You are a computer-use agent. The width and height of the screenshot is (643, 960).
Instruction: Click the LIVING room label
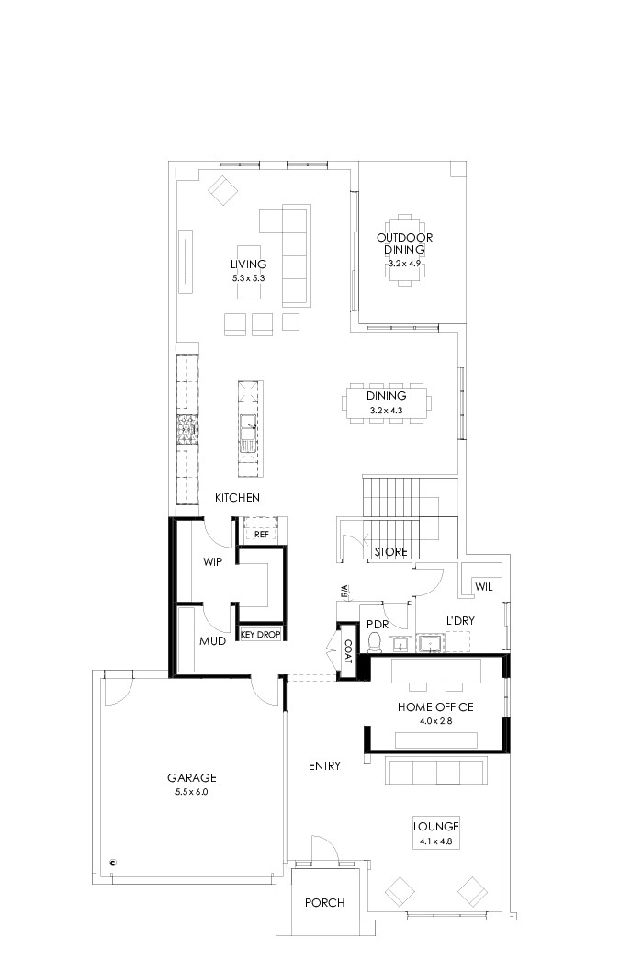pos(248,265)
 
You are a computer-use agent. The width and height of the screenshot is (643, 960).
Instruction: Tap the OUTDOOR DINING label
pos(404,243)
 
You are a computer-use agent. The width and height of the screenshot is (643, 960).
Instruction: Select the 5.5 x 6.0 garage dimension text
pos(192,791)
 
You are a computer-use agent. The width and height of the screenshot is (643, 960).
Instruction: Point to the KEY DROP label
pos(260,634)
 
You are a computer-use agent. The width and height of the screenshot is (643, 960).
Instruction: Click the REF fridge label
pos(261,534)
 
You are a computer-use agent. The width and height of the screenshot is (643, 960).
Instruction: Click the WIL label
pos(483,587)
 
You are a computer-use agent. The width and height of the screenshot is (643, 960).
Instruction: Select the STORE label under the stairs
pos(391,552)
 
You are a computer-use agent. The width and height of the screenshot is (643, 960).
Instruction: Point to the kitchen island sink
pos(248,425)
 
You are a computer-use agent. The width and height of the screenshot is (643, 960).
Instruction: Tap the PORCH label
pos(324,903)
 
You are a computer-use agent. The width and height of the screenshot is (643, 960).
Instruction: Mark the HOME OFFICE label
pos(435,706)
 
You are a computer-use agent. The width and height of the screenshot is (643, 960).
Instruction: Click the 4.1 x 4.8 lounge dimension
pos(435,841)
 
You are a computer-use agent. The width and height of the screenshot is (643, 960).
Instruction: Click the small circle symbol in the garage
pos(113,863)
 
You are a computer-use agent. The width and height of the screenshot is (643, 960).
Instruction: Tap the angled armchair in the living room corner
pos(223,191)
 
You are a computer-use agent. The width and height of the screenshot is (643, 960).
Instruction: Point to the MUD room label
pos(212,640)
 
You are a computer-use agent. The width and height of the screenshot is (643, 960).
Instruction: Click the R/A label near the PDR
pos(344,593)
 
